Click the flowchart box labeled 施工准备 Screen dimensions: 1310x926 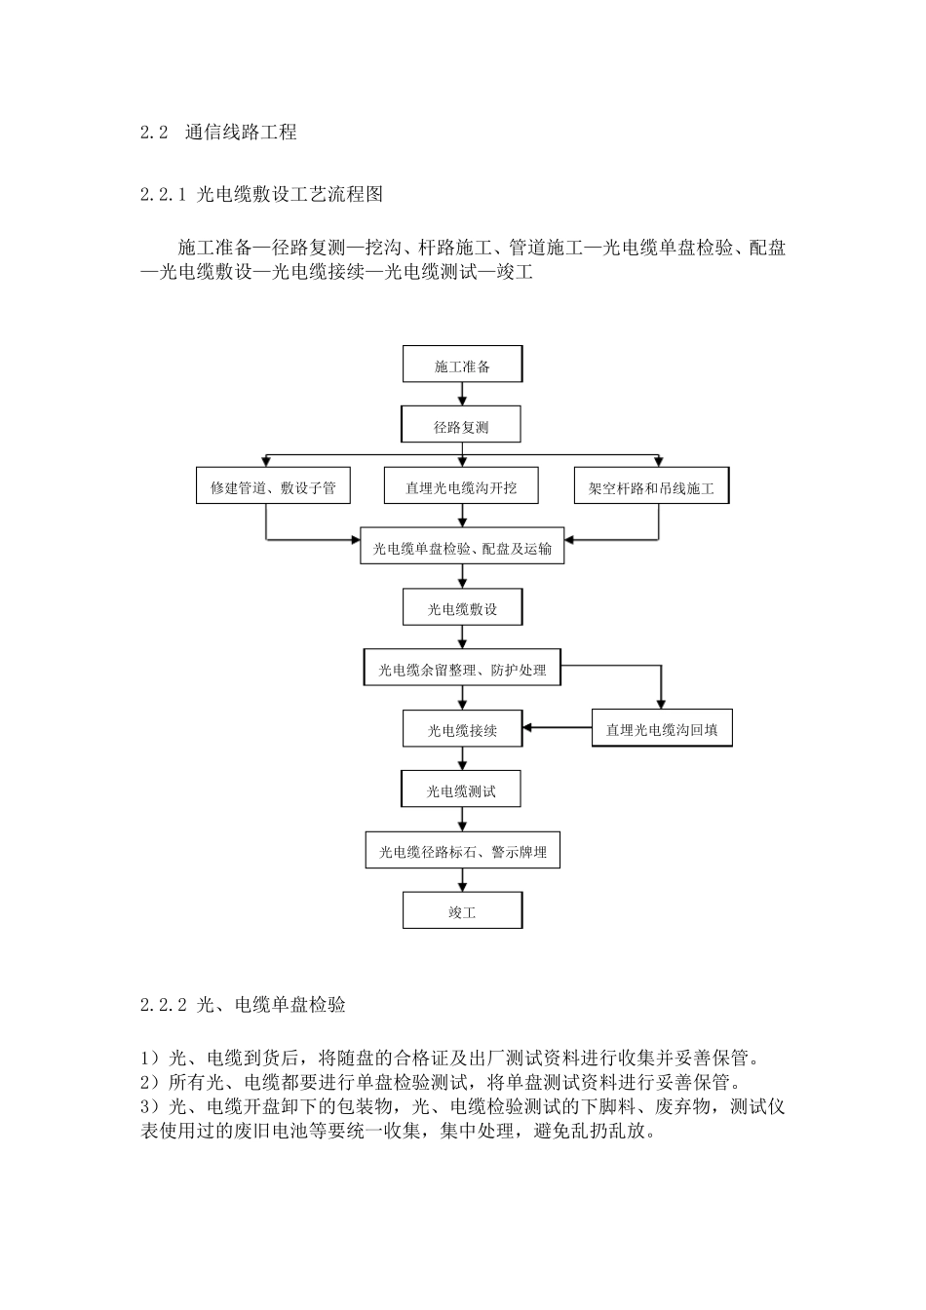pos(462,366)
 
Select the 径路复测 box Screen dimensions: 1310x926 pos(461,426)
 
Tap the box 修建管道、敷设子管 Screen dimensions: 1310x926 pos(266,487)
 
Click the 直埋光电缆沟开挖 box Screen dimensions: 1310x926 pos(461,487)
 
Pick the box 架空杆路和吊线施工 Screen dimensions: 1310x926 pos(651,487)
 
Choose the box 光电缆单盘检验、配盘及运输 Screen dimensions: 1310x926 pos(462,548)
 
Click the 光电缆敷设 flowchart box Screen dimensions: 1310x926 pos(462,609)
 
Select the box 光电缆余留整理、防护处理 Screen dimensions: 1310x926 pos(462,670)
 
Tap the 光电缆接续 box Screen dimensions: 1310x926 pos(462,729)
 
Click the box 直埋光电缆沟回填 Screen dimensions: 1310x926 pos(662,729)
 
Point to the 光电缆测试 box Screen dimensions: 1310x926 pos(461,790)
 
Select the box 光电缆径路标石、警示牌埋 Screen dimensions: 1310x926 pos(462,851)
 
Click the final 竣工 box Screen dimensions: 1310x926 pos(462,912)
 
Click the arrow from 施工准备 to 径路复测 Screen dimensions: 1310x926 pos(462,395)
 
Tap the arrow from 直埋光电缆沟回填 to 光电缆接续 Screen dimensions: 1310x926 pos(558,727)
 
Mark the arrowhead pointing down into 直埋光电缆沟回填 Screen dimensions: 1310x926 pos(661,704)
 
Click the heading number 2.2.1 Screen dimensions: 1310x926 pos(163,194)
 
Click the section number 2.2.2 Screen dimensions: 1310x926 pos(163,1004)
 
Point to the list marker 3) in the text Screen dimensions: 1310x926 pos(149,1107)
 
